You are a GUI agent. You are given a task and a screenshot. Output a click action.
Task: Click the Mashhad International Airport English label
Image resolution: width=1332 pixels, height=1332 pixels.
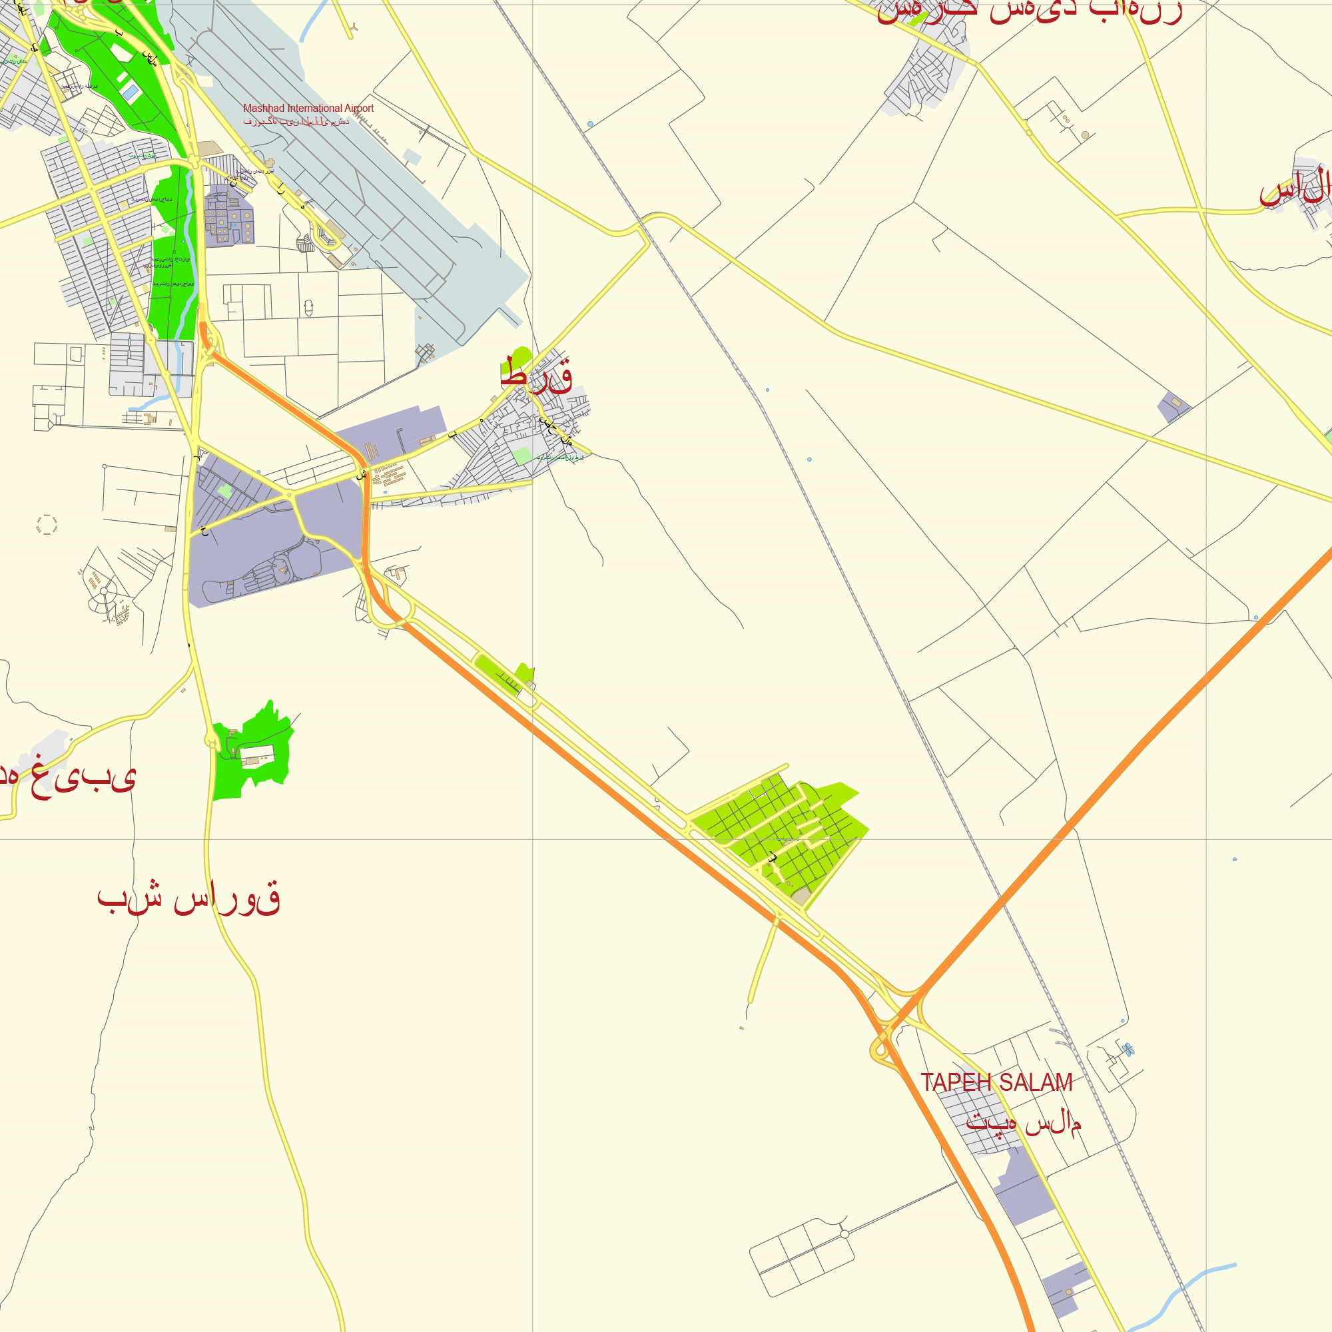coord(308,109)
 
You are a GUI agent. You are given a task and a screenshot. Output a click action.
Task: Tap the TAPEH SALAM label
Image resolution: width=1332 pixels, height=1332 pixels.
coord(996,1082)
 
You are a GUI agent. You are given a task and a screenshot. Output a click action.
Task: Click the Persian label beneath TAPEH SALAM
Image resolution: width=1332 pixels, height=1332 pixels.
coord(1023,1123)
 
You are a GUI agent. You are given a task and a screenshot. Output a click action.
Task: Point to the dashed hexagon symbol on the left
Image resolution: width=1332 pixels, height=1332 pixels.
coord(47,525)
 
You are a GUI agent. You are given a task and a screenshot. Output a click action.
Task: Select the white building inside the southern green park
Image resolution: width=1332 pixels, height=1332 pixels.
coord(256,755)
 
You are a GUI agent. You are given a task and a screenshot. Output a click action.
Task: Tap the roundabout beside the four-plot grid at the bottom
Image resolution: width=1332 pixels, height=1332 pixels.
coord(844,1234)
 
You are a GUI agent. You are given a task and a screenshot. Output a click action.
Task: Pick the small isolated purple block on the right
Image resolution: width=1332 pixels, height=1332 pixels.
coord(1173,406)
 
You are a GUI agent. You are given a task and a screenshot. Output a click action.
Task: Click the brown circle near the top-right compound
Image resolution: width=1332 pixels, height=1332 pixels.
coord(1085,135)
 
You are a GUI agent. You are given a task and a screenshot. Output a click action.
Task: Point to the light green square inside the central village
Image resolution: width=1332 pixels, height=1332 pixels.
coord(523,456)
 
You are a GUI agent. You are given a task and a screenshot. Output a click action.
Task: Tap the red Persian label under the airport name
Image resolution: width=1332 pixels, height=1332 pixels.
coord(296,122)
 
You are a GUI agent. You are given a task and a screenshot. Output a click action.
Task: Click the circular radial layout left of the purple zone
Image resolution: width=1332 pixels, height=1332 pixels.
coord(104,591)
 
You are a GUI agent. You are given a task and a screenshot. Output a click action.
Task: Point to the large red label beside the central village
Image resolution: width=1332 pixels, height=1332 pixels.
coord(536,376)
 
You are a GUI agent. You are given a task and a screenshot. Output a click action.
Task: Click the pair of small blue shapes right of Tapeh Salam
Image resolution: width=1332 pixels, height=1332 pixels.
coord(1128,1050)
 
